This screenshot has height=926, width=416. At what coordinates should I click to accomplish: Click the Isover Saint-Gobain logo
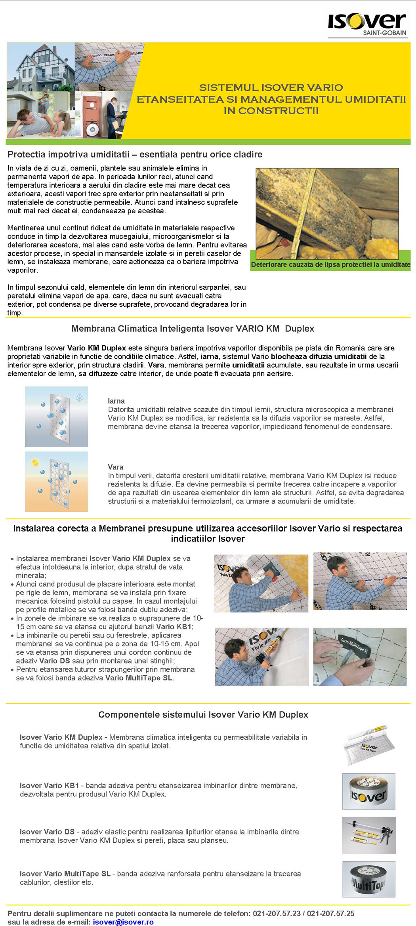tap(367, 24)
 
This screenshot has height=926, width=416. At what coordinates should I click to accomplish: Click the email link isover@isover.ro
tap(123, 922)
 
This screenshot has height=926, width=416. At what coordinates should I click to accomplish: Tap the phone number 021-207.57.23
tap(277, 913)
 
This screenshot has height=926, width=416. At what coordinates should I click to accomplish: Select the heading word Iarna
tap(116, 401)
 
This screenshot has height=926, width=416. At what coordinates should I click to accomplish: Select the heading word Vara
tap(115, 467)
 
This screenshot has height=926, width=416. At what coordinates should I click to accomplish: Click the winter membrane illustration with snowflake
tap(57, 417)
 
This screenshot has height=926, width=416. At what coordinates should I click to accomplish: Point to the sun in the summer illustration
tap(35, 462)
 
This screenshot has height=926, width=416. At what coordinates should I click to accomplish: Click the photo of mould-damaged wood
tap(327, 213)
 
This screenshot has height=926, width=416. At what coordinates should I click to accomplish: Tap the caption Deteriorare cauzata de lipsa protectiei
tap(330, 264)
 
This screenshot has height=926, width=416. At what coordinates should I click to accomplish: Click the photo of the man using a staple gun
tap(261, 583)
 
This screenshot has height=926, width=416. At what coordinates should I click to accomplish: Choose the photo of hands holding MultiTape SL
tap(360, 656)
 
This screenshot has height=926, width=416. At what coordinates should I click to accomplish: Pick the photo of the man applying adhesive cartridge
tap(261, 656)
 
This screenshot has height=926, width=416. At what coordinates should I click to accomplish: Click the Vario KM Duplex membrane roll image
tap(369, 745)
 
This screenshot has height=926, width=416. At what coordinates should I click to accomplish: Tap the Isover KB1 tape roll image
tap(368, 791)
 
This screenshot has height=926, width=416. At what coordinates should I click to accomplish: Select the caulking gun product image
tap(369, 835)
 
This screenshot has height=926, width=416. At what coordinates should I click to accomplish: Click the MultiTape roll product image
tap(368, 879)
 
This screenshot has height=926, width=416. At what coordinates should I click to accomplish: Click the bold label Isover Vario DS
tap(47, 832)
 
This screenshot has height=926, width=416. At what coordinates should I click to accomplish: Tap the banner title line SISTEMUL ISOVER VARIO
tap(271, 88)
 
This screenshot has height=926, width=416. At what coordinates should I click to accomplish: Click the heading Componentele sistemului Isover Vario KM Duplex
tap(203, 714)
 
